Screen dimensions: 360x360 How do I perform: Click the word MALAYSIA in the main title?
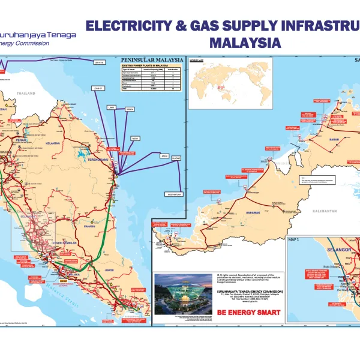pyautogui.click(x=245, y=43)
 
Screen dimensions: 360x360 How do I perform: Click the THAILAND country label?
pyautogui.click(x=27, y=94)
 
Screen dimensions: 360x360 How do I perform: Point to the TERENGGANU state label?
pyautogui.click(x=102, y=161)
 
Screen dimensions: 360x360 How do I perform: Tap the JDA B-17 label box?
pyautogui.click(x=98, y=89)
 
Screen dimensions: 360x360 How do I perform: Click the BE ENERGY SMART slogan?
pyautogui.click(x=242, y=313)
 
